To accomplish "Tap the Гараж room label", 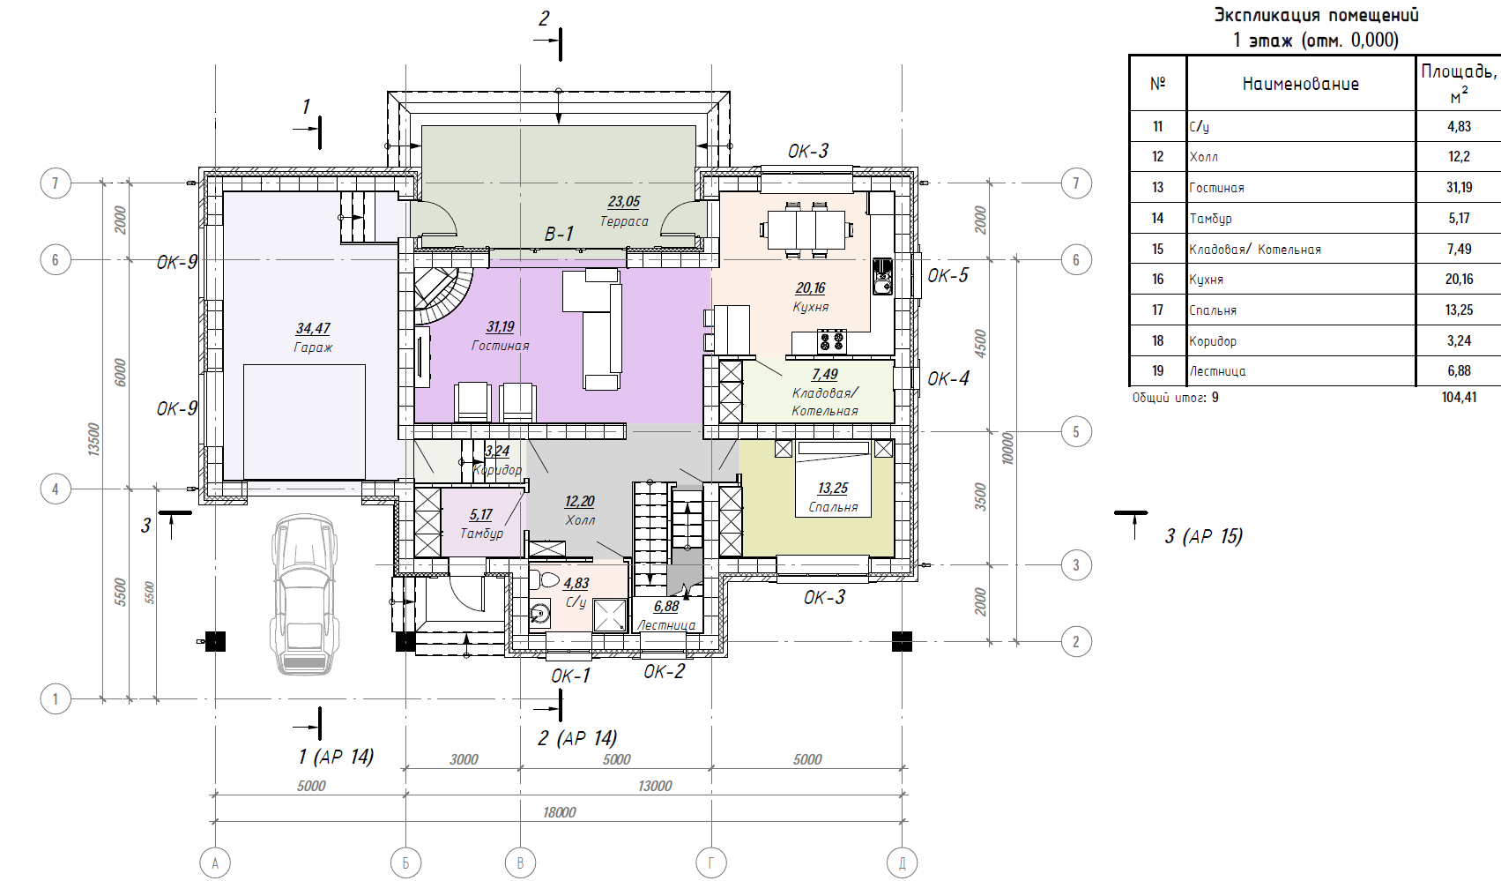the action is point(313,347).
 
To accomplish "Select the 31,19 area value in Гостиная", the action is point(500,326).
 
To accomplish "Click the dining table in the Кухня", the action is point(806,230).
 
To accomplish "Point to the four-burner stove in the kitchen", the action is point(831,341).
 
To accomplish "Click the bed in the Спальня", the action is point(834,479).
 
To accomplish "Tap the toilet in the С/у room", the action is point(544,579).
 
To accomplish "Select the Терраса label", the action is point(624,221).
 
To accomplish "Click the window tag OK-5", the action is point(947,275).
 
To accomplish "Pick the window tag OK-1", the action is point(570,676).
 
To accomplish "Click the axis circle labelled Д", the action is point(902,862).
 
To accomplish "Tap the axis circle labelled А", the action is point(215,862).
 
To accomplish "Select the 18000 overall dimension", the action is point(559,812).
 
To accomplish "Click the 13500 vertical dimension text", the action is point(93,439).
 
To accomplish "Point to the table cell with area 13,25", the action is point(1459,310).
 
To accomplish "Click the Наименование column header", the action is point(1301,84).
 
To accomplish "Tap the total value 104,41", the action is point(1459,398).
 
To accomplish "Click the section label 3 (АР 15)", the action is point(1203,536).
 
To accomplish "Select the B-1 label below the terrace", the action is point(559,234).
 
